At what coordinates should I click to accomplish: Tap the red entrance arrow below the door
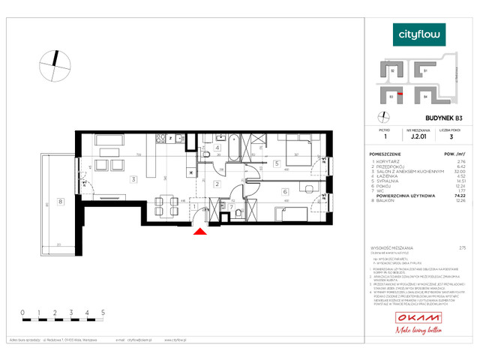click(199, 232)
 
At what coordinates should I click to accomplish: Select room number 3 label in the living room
click(133, 179)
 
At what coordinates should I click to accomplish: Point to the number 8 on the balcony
click(61, 201)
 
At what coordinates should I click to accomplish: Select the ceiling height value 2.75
click(461, 247)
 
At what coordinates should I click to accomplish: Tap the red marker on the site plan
click(401, 94)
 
